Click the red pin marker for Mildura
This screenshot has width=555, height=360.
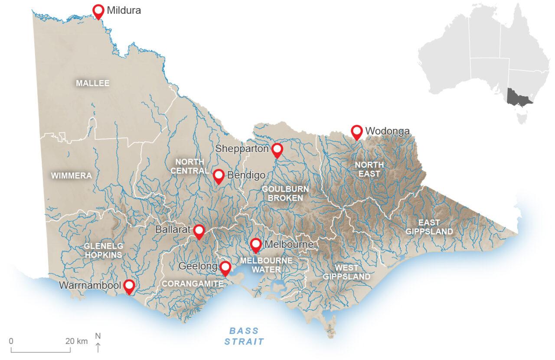(x=99, y=11)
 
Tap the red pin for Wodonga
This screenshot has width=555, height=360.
(x=356, y=131)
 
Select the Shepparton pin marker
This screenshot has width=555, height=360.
(x=277, y=150)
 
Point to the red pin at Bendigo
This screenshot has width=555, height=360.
(x=219, y=175)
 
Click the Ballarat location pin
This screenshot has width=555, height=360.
(x=199, y=231)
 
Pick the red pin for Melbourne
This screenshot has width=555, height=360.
(x=256, y=245)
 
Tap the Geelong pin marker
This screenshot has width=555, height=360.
(x=225, y=268)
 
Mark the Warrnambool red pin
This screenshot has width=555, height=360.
(x=129, y=286)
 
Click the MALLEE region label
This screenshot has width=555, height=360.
(x=93, y=83)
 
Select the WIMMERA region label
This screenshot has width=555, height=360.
(x=72, y=175)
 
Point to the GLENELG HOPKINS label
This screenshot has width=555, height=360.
(x=104, y=250)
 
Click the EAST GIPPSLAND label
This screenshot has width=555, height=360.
(x=429, y=227)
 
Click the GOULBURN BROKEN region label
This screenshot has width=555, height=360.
(x=285, y=193)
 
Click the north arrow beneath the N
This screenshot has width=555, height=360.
(x=98, y=347)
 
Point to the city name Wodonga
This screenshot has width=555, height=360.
(x=387, y=130)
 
